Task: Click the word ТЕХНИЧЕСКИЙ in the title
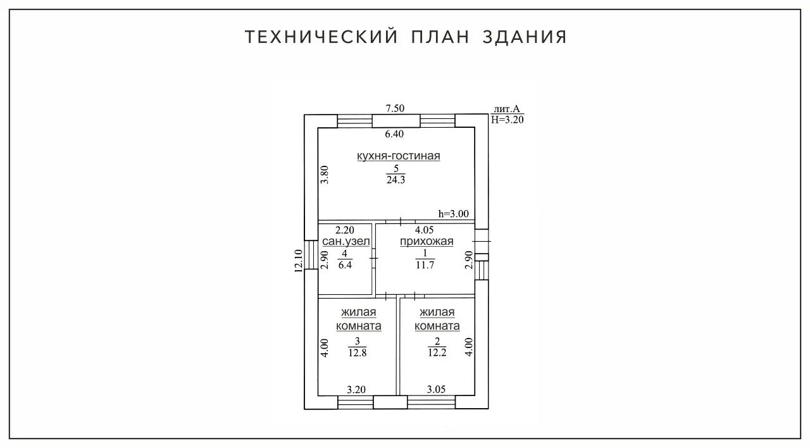(321, 37)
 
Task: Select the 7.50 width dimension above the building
(395, 108)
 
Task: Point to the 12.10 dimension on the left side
(299, 259)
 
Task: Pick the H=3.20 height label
(508, 119)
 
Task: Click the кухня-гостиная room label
(398, 156)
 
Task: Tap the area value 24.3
(396, 180)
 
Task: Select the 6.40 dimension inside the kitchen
(395, 134)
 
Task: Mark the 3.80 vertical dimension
(325, 174)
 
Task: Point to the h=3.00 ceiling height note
(454, 214)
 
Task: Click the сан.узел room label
(346, 241)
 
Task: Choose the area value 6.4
(345, 265)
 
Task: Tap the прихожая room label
(427, 241)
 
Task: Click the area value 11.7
(425, 265)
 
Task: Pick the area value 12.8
(358, 353)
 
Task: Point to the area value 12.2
(437, 353)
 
